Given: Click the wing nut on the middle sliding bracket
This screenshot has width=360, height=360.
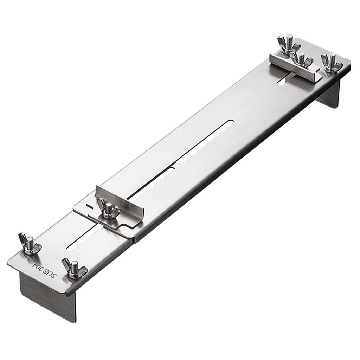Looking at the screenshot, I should [108, 210].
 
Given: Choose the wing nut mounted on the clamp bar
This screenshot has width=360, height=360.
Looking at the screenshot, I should [302, 60].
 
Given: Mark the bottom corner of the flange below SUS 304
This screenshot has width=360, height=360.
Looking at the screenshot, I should [73, 321].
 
